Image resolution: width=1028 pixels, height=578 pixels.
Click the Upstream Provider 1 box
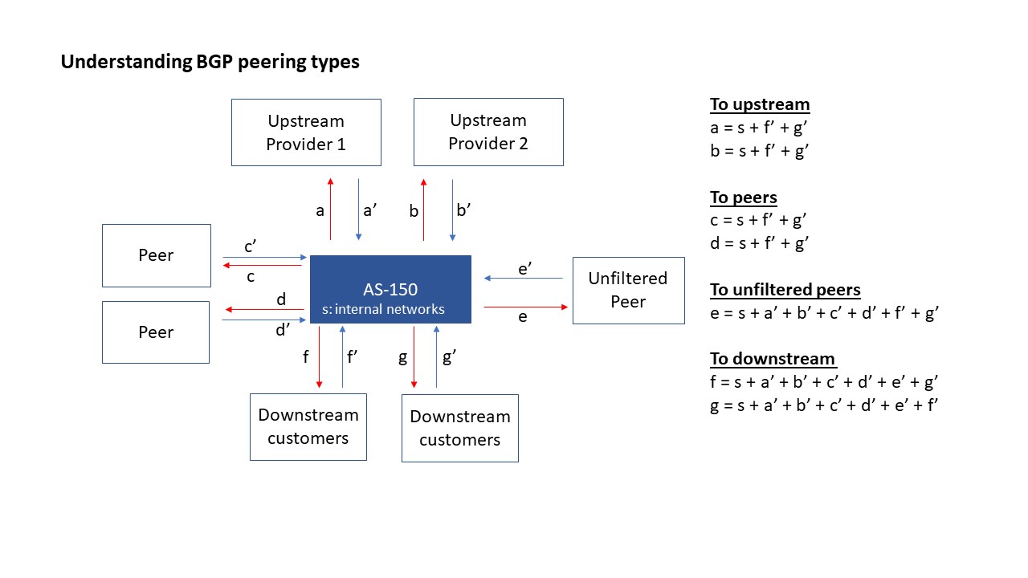[x=306, y=132]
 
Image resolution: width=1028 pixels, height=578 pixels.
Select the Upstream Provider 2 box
[x=488, y=132]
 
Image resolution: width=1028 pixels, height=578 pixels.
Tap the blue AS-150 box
[x=390, y=290]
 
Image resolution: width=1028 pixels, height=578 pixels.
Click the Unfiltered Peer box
[x=628, y=290]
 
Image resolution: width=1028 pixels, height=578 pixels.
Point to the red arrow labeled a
[x=330, y=209]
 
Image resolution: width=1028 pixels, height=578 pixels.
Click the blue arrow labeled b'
[x=452, y=209]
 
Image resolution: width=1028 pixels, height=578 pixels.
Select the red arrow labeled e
[x=525, y=307]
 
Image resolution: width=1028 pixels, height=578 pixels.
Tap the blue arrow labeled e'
[x=524, y=279]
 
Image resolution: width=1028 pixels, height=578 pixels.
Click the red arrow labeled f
[x=320, y=357]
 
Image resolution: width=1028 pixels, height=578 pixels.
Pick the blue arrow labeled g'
[x=436, y=357]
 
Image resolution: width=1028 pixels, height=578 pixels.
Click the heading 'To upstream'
[x=760, y=104]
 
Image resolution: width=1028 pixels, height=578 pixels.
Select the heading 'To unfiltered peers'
[x=785, y=290]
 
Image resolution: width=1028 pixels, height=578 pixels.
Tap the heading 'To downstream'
[x=773, y=359]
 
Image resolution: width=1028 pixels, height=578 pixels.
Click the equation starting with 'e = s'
[x=824, y=313]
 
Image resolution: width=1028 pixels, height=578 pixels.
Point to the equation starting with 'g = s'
[x=824, y=405]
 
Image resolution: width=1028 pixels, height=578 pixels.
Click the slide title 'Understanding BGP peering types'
[x=210, y=62]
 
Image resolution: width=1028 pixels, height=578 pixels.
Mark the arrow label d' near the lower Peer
[x=283, y=330]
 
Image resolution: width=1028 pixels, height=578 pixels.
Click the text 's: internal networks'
[x=383, y=309]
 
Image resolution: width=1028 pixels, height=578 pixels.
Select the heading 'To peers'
[x=744, y=197]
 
